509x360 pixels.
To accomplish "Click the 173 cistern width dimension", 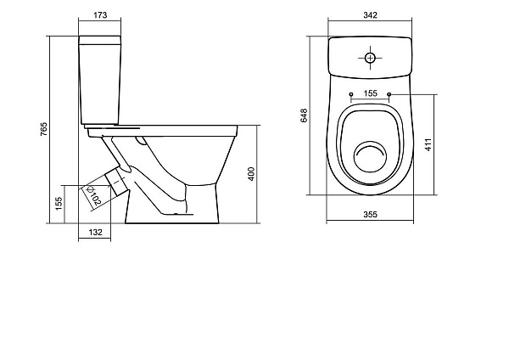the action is tap(100, 15).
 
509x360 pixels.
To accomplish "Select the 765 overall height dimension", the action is tap(43, 129).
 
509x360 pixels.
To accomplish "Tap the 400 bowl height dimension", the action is tap(251, 174).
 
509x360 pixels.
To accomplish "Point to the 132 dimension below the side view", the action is tap(95, 233).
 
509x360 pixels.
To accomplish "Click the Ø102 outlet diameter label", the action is tap(93, 195).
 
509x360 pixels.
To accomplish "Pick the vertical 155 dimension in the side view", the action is tap(59, 204).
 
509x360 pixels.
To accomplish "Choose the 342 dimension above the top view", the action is tap(370, 15).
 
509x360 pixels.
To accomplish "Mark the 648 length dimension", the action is tap(304, 115).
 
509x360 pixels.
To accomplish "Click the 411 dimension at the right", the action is tap(428, 144).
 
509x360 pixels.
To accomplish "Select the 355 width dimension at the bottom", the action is tap(370, 215).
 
